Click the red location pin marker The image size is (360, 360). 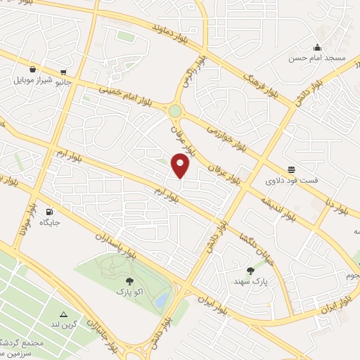tap(181, 165)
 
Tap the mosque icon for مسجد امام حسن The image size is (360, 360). tap(320, 48)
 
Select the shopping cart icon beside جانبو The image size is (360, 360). tap(64, 71)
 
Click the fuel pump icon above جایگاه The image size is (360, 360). tap(49, 211)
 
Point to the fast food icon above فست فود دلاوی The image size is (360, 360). tap(291, 169)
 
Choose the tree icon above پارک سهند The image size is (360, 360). tap(251, 269)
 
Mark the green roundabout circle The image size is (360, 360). tap(175, 110)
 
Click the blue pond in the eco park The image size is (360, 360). tap(161, 300)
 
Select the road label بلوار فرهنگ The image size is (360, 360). tap(262, 83)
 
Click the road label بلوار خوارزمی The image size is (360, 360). tap(228, 136)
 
